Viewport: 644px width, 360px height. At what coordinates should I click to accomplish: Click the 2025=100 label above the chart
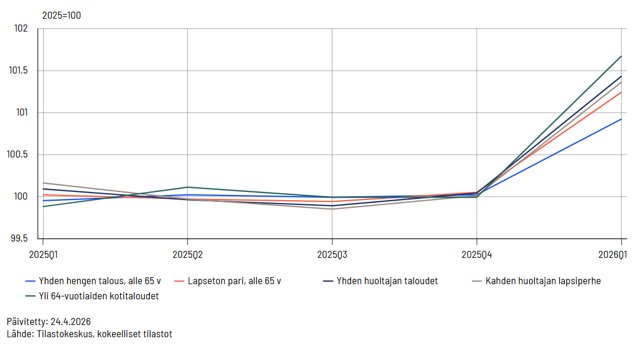pos(61,16)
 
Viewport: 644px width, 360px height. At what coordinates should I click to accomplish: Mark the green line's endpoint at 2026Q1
pos(621,56)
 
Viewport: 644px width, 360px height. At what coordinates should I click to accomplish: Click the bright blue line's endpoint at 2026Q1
pos(621,119)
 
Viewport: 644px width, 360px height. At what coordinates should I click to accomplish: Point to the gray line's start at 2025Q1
pos(43,183)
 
